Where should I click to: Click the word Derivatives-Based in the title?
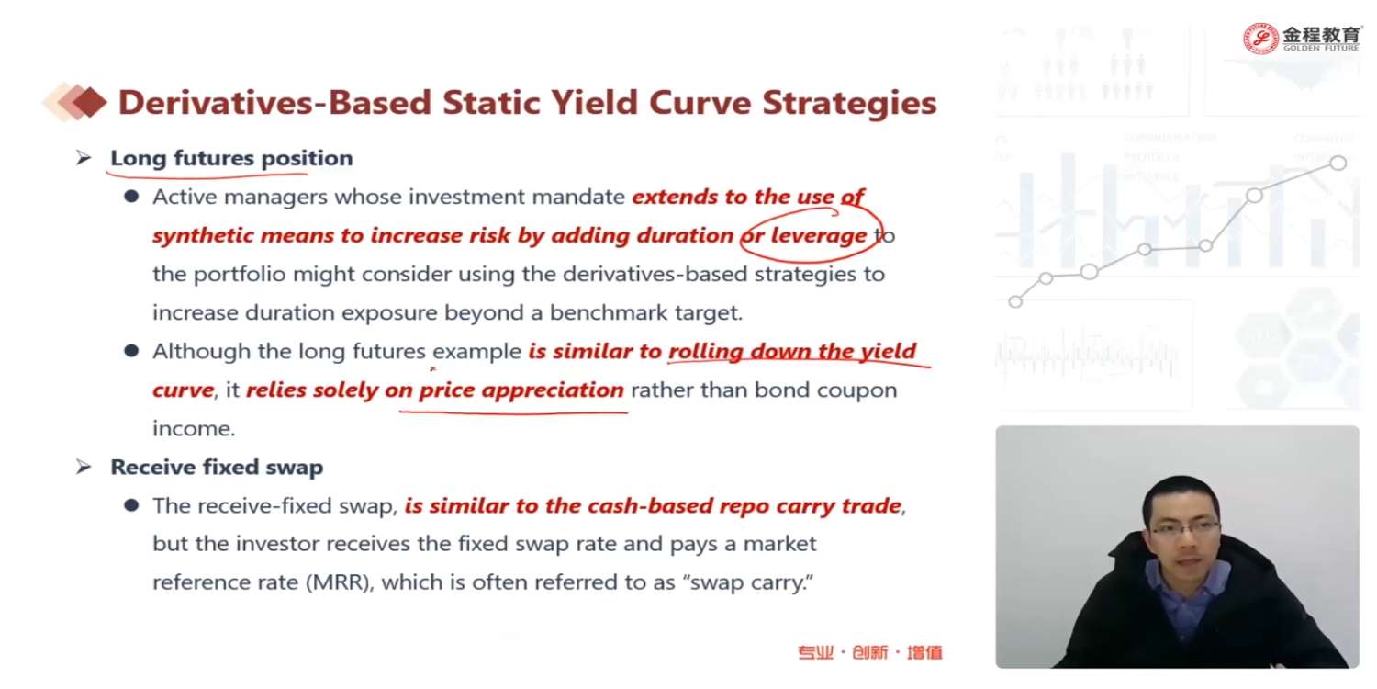(274, 103)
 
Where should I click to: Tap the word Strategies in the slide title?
(849, 103)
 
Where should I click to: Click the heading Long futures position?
(231, 158)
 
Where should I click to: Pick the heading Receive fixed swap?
(217, 467)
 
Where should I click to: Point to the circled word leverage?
(818, 235)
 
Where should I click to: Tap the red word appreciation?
(553, 390)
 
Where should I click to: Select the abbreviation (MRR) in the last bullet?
(340, 582)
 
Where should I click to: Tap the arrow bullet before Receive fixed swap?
(84, 467)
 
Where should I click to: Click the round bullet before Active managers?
(131, 197)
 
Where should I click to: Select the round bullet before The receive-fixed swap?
(131, 505)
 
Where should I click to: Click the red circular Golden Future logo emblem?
(1260, 39)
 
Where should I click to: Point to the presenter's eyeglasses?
(1182, 527)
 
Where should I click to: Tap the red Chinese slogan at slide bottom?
(870, 652)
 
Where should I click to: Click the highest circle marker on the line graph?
(1338, 163)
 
